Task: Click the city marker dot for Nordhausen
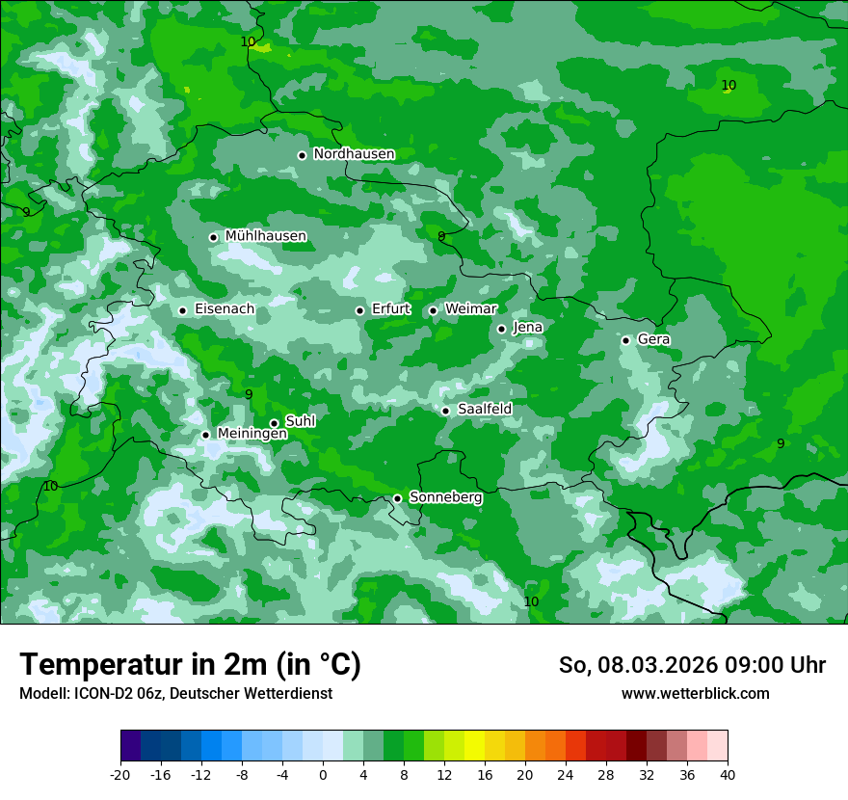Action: pyautogui.click(x=302, y=155)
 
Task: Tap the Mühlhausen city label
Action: pyautogui.click(x=265, y=236)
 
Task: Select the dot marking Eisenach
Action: pyautogui.click(x=182, y=310)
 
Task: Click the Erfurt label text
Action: pyautogui.click(x=390, y=309)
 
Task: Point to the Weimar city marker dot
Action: pyautogui.click(x=433, y=310)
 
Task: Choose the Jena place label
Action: pyautogui.click(x=527, y=328)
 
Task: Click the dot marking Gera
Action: pyautogui.click(x=625, y=340)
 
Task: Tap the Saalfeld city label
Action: pyautogui.click(x=484, y=410)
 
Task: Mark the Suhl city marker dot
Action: pyautogui.click(x=274, y=423)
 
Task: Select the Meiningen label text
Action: pyautogui.click(x=252, y=435)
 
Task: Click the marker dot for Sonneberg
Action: pyautogui.click(x=397, y=499)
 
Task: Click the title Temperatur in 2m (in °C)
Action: pyautogui.click(x=190, y=665)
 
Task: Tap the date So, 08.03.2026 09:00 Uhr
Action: pyautogui.click(x=692, y=665)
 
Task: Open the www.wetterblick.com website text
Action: pyautogui.click(x=695, y=694)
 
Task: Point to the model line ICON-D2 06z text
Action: pyautogui.click(x=174, y=694)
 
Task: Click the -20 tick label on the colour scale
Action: pyautogui.click(x=120, y=774)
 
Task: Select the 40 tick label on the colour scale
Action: pyautogui.click(x=728, y=774)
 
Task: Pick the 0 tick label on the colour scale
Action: pyautogui.click(x=323, y=774)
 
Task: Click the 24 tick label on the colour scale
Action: pyautogui.click(x=566, y=774)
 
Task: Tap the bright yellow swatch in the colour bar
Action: pyautogui.click(x=474, y=746)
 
